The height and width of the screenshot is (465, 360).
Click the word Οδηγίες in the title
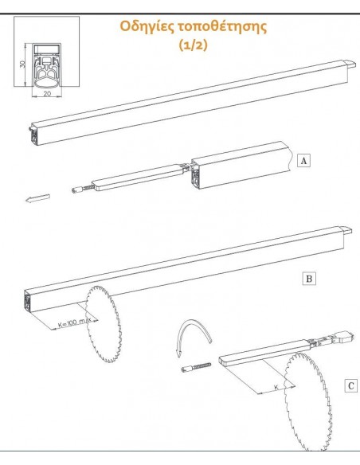pyautogui.click(x=147, y=27)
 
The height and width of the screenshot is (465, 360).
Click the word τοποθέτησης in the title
pyautogui.click(x=222, y=27)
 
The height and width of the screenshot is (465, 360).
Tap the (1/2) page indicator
pyautogui.click(x=193, y=45)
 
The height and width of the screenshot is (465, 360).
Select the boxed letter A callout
pyautogui.click(x=303, y=161)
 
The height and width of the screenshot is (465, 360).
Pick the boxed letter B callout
pyautogui.click(x=309, y=279)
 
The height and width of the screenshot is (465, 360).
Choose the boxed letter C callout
pyautogui.click(x=350, y=386)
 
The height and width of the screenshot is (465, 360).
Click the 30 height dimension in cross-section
pyautogui.click(x=22, y=64)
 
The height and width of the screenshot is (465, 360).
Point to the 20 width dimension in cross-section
pyautogui.click(x=47, y=94)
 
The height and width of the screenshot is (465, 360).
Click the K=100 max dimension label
pyautogui.click(x=74, y=322)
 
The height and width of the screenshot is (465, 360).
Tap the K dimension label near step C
pyautogui.click(x=276, y=387)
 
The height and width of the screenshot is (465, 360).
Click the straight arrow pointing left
pyautogui.click(x=37, y=198)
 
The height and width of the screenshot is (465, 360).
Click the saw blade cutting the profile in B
pyautogui.click(x=104, y=324)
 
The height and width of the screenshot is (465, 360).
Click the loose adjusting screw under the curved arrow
pyautogui.click(x=196, y=367)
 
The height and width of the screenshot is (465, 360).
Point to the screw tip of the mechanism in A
pyautogui.click(x=76, y=190)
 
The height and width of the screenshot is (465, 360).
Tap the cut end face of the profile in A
pyautogui.click(x=195, y=175)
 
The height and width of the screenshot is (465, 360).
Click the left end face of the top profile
pyautogui.click(x=34, y=135)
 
